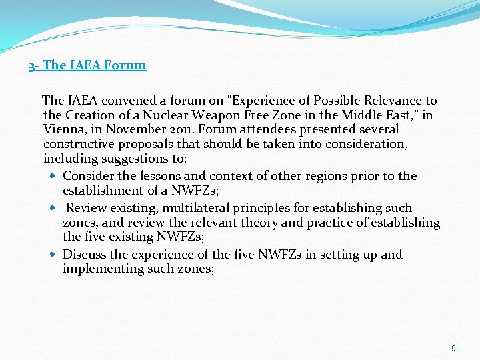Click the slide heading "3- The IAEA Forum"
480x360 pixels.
coord(87,65)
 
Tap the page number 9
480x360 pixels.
coord(453,348)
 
